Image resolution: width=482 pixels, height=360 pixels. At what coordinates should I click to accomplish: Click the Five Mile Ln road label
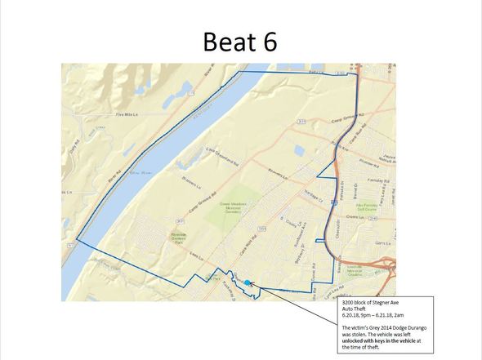coord(131,115)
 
